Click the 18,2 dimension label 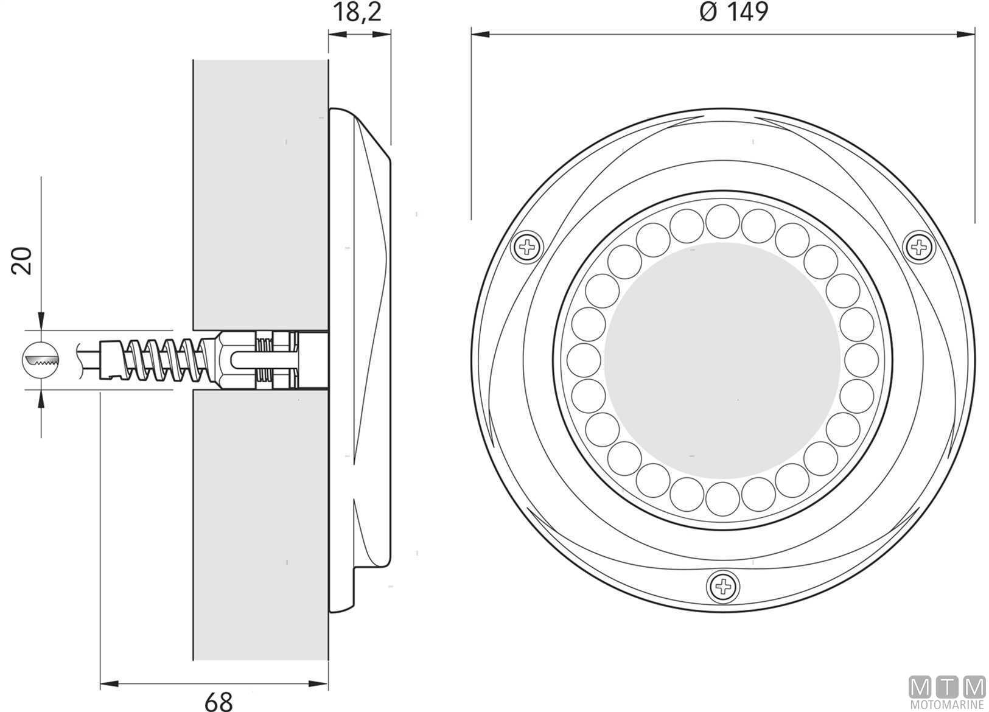(x=357, y=12)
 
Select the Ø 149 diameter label (x=734, y=12)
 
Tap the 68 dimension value (x=218, y=701)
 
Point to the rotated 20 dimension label (x=22, y=261)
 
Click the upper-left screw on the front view (x=526, y=246)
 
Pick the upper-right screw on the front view (x=920, y=246)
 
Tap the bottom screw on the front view (x=723, y=587)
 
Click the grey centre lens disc (x=722, y=361)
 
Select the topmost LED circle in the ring (x=722, y=221)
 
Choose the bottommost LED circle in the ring (x=722, y=499)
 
